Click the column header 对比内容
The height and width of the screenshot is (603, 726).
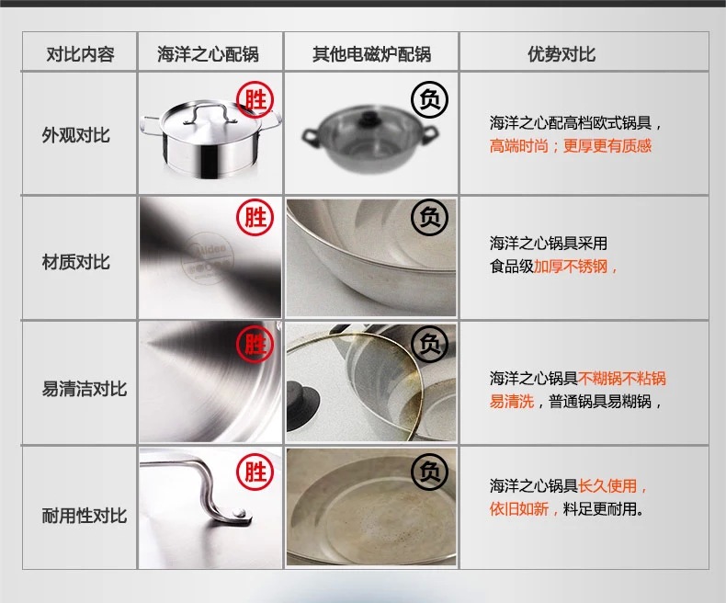pos(80,54)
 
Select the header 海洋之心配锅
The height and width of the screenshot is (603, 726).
pos(208,54)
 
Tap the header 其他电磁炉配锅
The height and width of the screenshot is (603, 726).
pos(371,54)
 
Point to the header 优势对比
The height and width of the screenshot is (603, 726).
pos(562,54)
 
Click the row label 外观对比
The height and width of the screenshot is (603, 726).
pos(76,135)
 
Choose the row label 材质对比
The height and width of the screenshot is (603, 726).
pos(76,262)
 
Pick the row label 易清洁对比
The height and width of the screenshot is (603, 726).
pos(85,388)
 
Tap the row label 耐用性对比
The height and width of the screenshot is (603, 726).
pos(85,515)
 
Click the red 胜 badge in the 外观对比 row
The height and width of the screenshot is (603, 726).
pos(255,100)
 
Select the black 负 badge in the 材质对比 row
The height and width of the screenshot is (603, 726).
pos(429,217)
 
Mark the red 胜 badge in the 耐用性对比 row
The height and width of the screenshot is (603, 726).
pos(255,472)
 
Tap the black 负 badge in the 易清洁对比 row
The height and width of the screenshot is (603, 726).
pos(429,344)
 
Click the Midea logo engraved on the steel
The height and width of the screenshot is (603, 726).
pos(210,257)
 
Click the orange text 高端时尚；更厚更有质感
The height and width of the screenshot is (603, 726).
pos(571,146)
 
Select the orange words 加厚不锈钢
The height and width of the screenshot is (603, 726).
pos(571,267)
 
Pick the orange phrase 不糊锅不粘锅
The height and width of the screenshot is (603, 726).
pos(622,379)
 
